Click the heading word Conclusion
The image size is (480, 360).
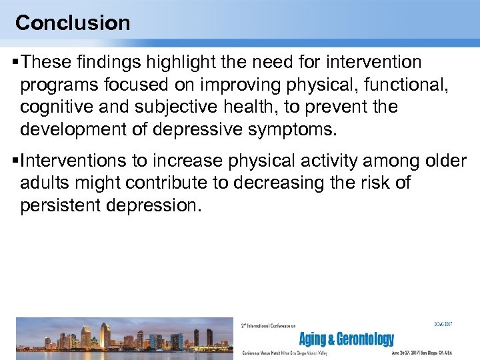(73, 23)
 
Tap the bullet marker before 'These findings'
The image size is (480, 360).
(15, 63)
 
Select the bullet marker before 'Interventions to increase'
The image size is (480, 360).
(15, 161)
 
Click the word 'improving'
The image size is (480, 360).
(238, 85)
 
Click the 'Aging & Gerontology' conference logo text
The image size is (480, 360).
(346, 339)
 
